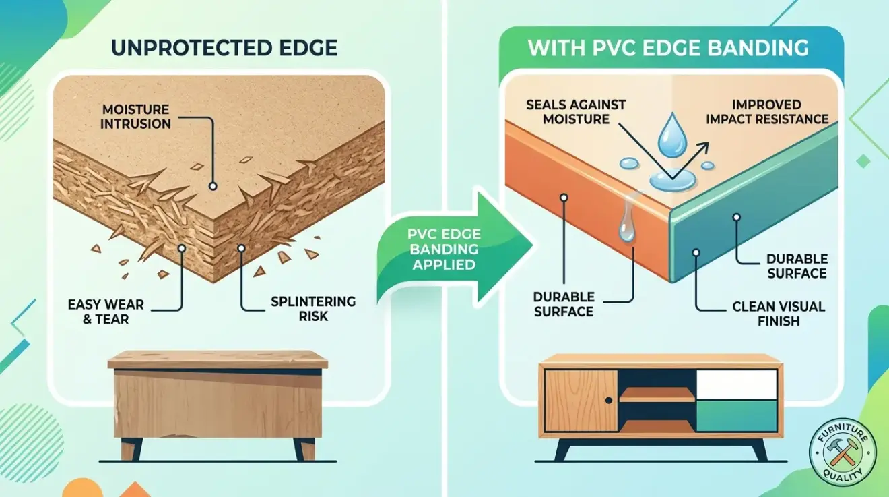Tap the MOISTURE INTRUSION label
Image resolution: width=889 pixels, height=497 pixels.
point(137,116)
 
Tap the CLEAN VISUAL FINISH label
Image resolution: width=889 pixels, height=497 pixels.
point(778,314)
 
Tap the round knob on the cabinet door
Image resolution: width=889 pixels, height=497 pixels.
point(607,401)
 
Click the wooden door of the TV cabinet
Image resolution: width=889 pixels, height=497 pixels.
point(581,401)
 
